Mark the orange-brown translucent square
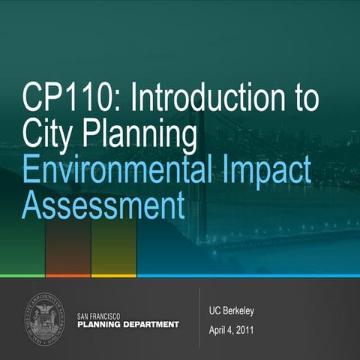point(67,247)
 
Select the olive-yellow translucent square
point(114,247)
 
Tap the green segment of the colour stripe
point(22,275)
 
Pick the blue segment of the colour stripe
point(247,275)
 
